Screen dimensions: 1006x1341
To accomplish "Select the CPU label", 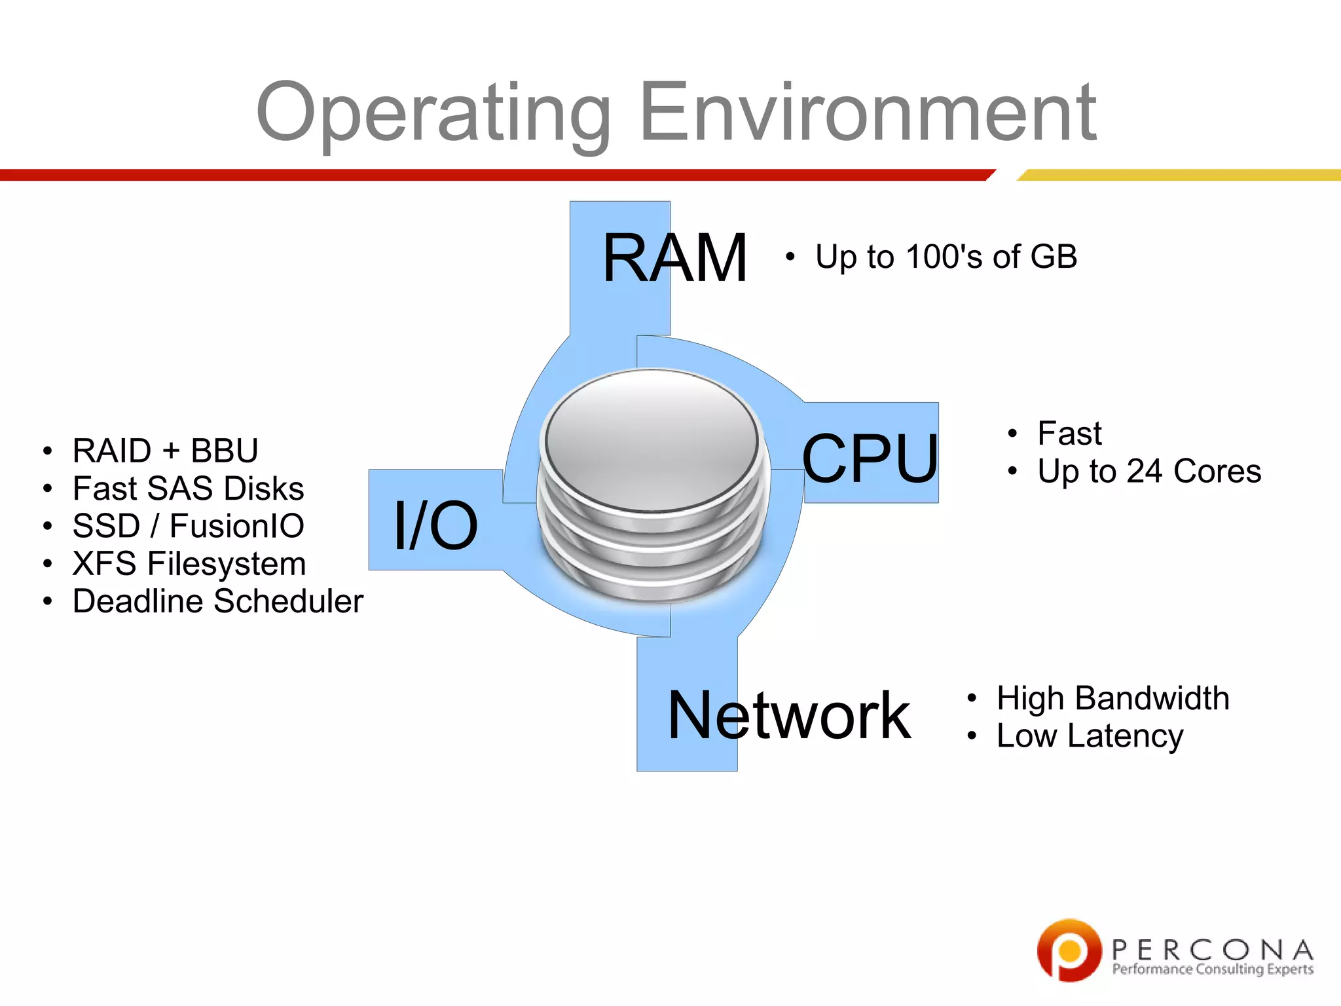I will tap(870, 459).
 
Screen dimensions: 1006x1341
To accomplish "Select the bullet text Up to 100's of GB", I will tap(946, 256).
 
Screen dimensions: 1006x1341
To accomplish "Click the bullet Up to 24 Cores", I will tap(1148, 471).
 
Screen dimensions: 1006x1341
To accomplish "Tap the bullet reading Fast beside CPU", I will tap(1069, 433).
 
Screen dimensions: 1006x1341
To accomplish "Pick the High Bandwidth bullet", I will tap(1112, 698).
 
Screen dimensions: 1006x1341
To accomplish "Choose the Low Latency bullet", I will tap(1090, 736).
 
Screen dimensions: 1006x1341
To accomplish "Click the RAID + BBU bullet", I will tap(165, 451).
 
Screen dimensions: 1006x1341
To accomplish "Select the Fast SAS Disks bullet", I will tap(188, 488).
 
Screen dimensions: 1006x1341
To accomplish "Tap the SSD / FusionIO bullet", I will tap(188, 525).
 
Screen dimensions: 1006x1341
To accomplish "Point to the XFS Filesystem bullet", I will tap(189, 563).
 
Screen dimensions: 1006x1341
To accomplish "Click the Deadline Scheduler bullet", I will tap(217, 601).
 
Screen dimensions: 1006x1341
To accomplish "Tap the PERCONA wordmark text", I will tap(1212, 949).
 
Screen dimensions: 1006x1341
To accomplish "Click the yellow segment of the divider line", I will tap(1179, 175).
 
